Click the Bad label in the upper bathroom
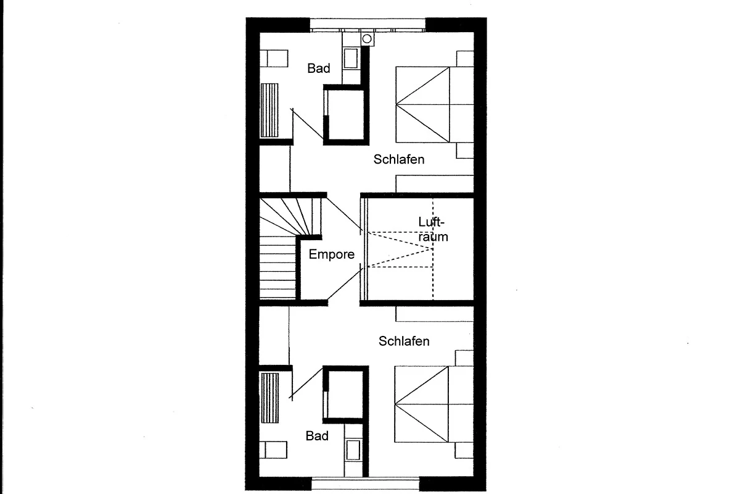(x=318, y=68)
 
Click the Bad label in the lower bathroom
(x=317, y=436)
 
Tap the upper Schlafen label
(x=399, y=159)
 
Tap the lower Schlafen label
(x=404, y=341)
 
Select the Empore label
(x=331, y=254)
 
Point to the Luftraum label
(x=433, y=229)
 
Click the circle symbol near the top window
(x=367, y=39)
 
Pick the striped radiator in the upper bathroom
(x=269, y=110)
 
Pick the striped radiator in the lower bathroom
(x=270, y=398)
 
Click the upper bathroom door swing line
(x=307, y=124)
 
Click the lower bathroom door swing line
(x=306, y=383)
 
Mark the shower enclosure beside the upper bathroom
(x=346, y=115)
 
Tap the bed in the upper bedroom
(x=435, y=104)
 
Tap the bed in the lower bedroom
(x=434, y=404)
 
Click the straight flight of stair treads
(x=277, y=267)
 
